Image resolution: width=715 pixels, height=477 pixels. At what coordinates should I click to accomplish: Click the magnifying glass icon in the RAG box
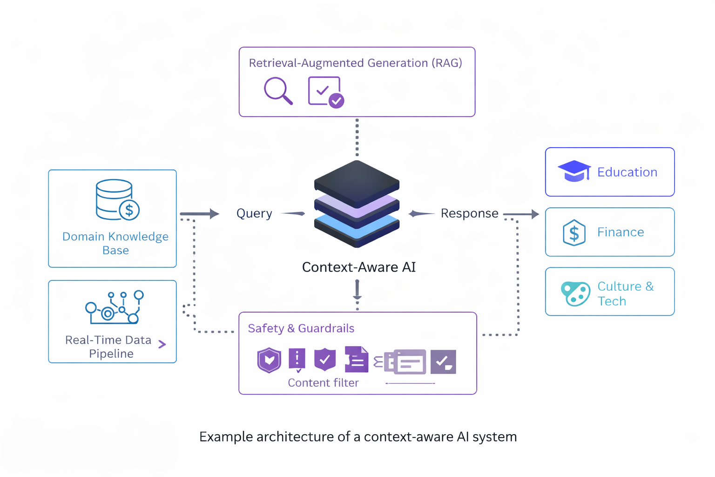278,90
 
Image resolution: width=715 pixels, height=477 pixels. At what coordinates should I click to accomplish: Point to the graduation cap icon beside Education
574,171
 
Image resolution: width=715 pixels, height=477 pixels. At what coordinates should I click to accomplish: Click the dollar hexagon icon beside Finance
574,232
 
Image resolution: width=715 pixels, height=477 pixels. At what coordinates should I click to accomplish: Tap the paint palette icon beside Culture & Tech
575,293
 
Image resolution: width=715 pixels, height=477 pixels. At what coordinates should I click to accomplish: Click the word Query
254,213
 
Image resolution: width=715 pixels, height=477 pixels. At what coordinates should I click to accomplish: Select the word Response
469,213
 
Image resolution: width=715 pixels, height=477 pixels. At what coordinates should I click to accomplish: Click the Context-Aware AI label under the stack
358,267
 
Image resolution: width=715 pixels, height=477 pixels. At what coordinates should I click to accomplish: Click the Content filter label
323,382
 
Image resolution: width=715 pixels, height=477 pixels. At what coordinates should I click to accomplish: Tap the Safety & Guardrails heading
301,328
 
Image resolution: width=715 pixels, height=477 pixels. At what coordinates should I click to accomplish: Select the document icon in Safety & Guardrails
356,360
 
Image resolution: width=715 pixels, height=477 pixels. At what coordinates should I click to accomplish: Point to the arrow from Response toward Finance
521,214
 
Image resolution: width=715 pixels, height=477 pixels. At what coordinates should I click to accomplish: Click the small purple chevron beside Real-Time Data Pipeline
162,344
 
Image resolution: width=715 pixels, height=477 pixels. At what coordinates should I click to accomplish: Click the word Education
627,172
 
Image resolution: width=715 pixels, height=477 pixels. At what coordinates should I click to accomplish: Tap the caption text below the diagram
358,437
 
